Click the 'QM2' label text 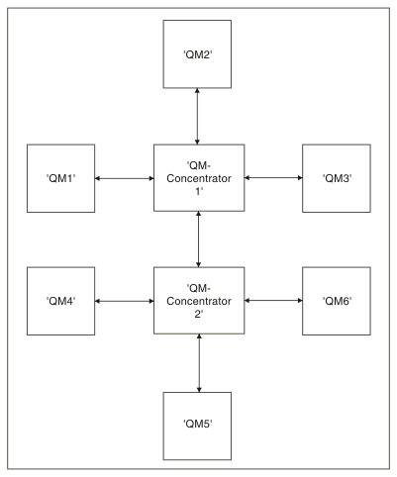click(x=197, y=54)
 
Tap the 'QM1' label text click(x=60, y=178)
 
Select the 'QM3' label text click(x=337, y=178)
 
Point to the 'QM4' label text click(x=60, y=301)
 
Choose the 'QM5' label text click(x=197, y=424)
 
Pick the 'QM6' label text click(x=337, y=301)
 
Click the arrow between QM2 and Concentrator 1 click(x=197, y=116)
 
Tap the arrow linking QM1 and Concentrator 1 click(x=125, y=178)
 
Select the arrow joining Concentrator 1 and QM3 click(x=273, y=178)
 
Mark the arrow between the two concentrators click(x=198, y=239)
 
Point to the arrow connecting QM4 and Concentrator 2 click(x=125, y=301)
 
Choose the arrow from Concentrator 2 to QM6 click(x=273, y=301)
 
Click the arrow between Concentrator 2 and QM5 click(x=199, y=363)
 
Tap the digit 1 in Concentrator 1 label click(x=198, y=191)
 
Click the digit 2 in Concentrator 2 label click(x=197, y=314)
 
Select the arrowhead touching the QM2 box click(x=197, y=91)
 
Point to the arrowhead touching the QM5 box click(x=199, y=390)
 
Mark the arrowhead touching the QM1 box click(x=97, y=178)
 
